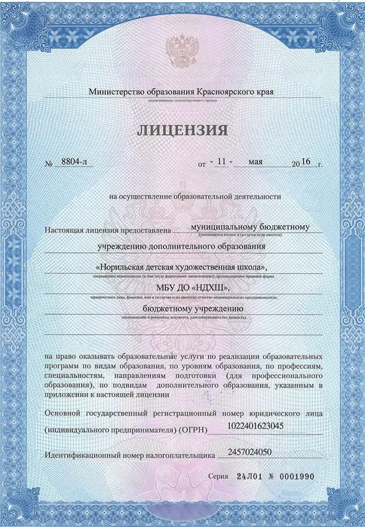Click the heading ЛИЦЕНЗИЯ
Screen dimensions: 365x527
182,131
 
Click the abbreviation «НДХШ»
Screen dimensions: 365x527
207,287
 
